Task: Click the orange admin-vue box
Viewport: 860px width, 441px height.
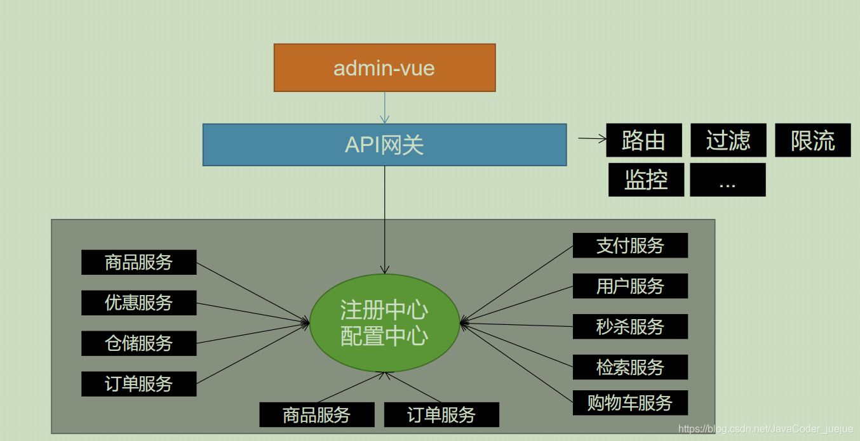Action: (x=384, y=67)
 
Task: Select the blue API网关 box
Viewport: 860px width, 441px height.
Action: (x=384, y=145)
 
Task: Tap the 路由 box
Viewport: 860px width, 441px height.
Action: (x=643, y=140)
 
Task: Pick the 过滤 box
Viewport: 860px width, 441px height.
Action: (x=728, y=140)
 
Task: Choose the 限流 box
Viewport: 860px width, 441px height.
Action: (x=812, y=140)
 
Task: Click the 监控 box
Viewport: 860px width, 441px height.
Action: (x=646, y=180)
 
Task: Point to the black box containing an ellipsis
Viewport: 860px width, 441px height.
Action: (x=727, y=180)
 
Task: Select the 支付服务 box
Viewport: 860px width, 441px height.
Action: (x=630, y=246)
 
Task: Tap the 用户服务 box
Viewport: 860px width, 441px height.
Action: (x=630, y=286)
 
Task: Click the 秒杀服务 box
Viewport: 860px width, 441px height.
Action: (x=630, y=327)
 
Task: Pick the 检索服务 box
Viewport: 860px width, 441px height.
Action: (x=630, y=367)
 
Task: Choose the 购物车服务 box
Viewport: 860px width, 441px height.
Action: (x=630, y=403)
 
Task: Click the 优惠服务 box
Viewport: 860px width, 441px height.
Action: (x=138, y=303)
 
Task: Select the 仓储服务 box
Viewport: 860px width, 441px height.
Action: (x=138, y=343)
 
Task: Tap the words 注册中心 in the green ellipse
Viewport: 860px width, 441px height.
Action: (x=384, y=310)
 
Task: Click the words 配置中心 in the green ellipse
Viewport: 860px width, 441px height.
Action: (x=384, y=336)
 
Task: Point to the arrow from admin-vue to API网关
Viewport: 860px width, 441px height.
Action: (x=384, y=107)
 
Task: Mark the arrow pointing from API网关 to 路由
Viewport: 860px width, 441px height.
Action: (x=592, y=138)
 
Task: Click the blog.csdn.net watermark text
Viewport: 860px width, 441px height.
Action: (x=765, y=430)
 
